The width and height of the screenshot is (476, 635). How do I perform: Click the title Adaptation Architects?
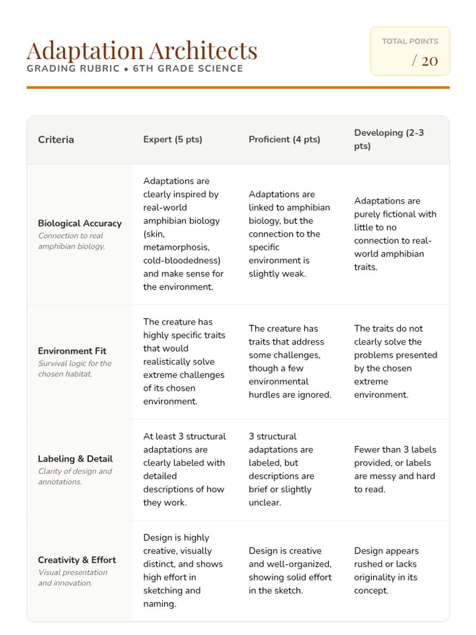pos(142,51)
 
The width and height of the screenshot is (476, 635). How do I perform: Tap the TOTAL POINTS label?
pos(410,41)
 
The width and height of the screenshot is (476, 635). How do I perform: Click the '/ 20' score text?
pos(424,61)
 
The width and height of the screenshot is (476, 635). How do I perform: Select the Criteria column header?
pos(56,140)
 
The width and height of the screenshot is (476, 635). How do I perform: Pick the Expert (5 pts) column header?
pos(173,140)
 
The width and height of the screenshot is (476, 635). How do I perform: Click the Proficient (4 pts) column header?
pos(284,140)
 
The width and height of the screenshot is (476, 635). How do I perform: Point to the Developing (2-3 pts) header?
pos(389,139)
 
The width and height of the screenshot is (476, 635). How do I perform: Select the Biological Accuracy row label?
pos(80,223)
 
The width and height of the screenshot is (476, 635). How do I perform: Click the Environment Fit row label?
pos(72,351)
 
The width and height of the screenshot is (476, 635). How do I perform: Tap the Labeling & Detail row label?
pos(75,459)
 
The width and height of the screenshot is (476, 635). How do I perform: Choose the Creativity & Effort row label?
pos(77,560)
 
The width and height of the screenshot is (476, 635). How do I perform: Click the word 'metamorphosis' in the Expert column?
pos(176,247)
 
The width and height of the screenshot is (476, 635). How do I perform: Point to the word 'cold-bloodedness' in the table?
pos(181,261)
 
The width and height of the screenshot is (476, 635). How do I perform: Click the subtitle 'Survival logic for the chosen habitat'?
pos(75,369)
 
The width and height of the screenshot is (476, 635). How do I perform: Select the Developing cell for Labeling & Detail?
pos(395,470)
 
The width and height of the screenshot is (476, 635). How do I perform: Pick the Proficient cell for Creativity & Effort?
pos(290,571)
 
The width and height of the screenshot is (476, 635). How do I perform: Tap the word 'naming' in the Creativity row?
pos(159,604)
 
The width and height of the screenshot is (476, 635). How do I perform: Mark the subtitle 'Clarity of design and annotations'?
pos(75,476)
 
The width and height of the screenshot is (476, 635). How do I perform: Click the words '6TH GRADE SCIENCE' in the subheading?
pos(188,69)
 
